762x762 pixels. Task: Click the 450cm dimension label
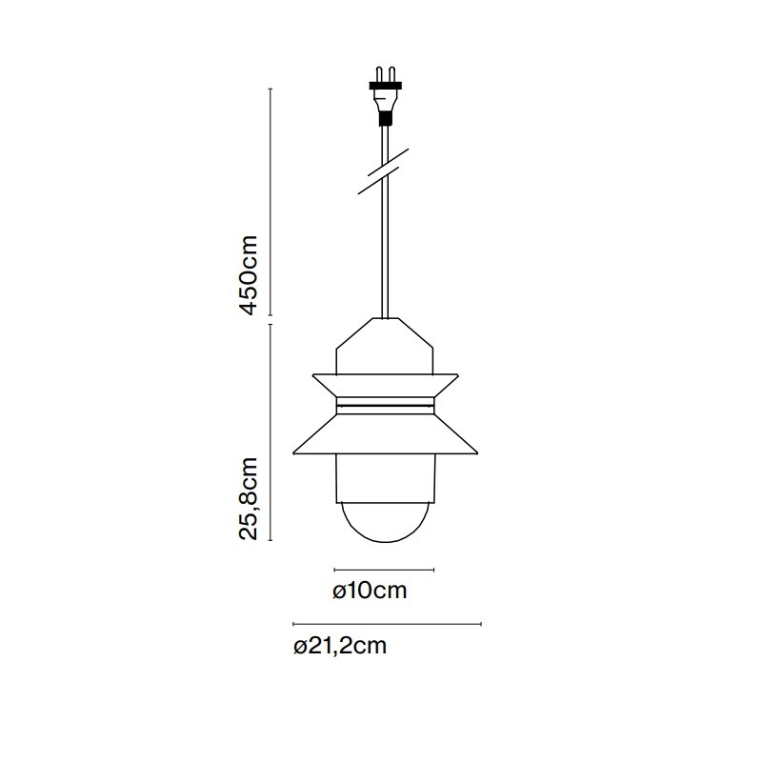[249, 274]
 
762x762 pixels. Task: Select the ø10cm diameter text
[370, 591]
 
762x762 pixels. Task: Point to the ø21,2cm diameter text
[340, 647]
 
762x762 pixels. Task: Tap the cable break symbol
[384, 171]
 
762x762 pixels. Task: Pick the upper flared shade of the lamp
[384, 385]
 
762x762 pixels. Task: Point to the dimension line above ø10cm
[384, 570]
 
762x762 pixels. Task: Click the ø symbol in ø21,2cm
[300, 647]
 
